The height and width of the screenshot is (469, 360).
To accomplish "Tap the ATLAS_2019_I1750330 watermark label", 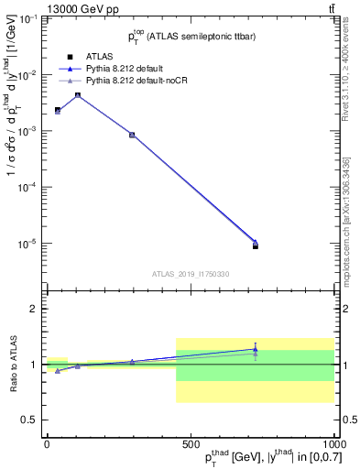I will (x=190, y=274).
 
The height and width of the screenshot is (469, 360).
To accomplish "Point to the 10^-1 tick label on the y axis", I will (x=28, y=19).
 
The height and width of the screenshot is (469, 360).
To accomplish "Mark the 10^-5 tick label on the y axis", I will (x=28, y=244).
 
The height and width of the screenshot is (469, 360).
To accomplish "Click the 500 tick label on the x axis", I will (x=191, y=443).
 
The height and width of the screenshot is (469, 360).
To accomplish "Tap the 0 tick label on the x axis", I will (x=47, y=443).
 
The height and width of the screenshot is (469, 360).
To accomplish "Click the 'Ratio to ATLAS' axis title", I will (x=11, y=365).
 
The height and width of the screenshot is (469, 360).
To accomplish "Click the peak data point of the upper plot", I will (x=78, y=95).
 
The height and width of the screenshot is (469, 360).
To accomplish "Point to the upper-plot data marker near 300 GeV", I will (x=132, y=135).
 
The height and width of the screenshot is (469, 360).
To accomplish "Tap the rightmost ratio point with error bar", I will (x=256, y=349).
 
